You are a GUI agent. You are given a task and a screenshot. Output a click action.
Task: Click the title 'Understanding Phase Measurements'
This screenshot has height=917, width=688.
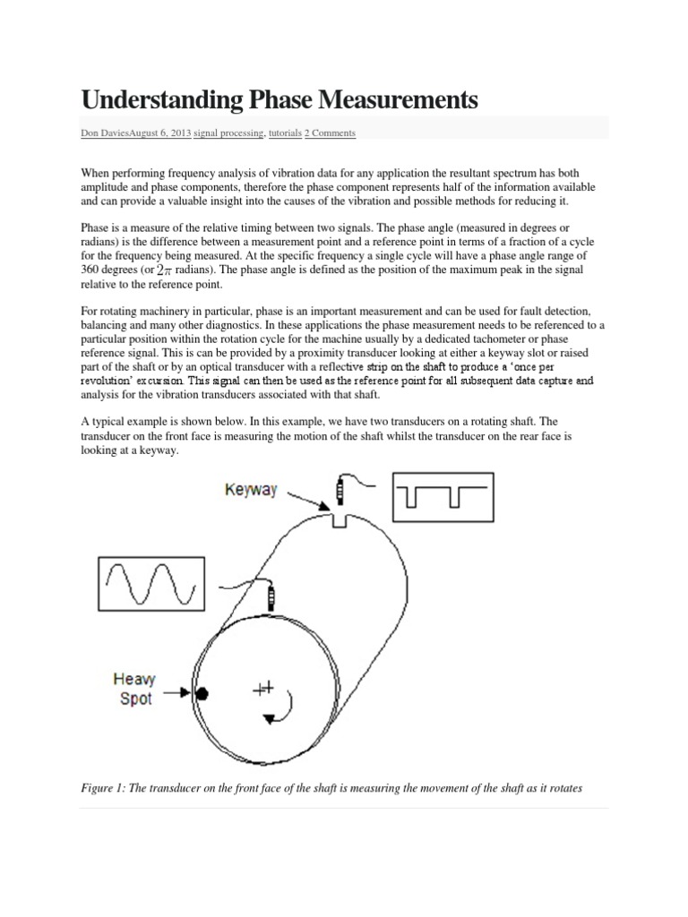tap(279, 99)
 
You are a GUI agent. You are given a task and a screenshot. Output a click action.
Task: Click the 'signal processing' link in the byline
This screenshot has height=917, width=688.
tap(228, 133)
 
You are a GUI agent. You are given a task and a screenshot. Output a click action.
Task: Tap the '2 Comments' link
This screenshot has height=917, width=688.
tap(330, 133)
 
